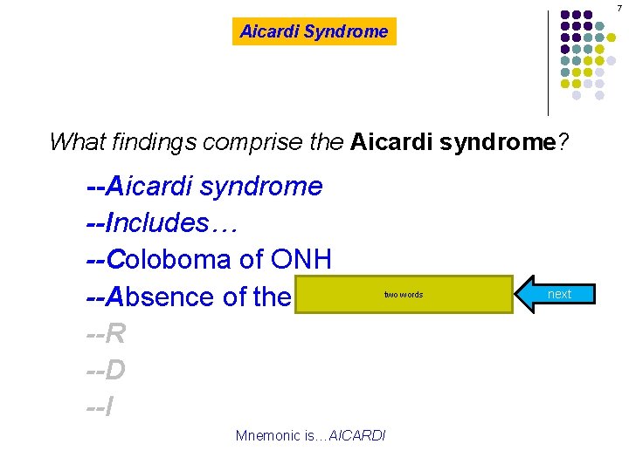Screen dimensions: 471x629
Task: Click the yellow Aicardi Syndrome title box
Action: (314, 32)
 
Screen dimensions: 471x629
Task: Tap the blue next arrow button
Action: (556, 294)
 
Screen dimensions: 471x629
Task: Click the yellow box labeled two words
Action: (404, 295)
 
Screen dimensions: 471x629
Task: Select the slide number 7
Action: (619, 7)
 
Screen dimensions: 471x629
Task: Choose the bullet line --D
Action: (106, 371)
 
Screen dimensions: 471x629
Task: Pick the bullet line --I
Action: (100, 407)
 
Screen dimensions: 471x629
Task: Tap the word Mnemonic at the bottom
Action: (266, 435)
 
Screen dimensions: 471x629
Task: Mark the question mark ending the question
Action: (562, 141)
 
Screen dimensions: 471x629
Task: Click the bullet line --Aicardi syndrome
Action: (204, 186)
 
